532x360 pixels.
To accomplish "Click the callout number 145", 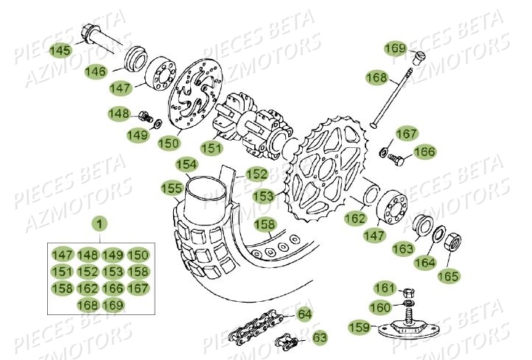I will tap(60, 50).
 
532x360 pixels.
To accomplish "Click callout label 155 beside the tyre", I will tap(172, 188).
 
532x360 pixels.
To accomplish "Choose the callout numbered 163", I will tap(402, 249).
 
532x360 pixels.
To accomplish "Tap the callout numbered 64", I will tap(303, 315).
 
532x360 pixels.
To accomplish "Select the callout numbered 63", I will tap(320, 338).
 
